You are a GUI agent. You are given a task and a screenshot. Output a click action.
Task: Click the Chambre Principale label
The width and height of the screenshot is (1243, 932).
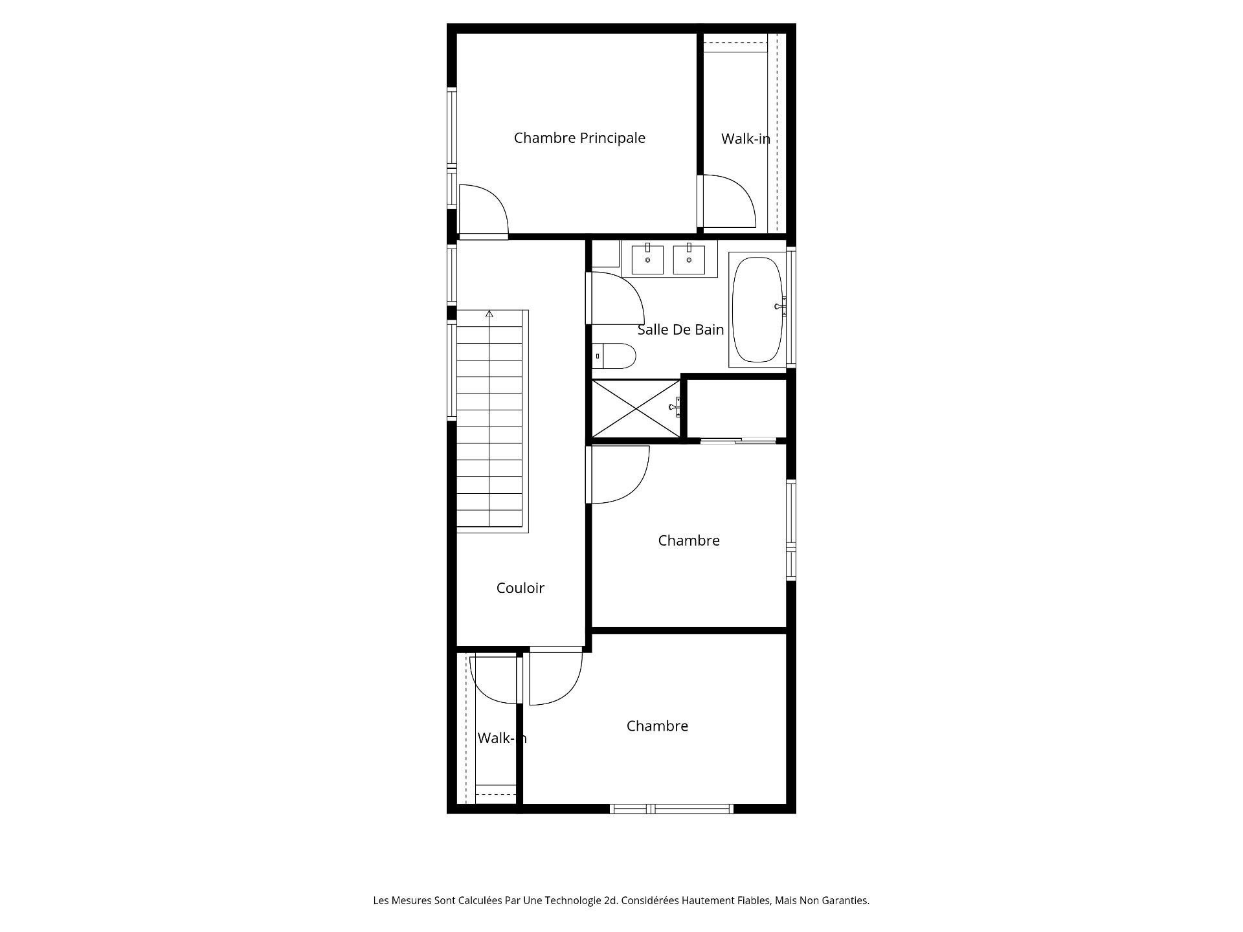[579, 138]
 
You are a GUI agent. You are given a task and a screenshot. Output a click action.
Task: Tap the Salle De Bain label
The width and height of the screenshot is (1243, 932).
[680, 329]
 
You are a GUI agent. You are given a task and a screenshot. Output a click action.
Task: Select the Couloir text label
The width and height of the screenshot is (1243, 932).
[521, 588]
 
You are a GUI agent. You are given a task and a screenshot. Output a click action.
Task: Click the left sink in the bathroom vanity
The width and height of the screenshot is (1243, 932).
[647, 259]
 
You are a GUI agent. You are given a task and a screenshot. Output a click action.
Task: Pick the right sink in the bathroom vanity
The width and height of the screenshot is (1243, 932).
[689, 259]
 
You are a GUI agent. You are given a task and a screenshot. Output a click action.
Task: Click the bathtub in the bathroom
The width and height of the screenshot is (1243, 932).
[757, 310]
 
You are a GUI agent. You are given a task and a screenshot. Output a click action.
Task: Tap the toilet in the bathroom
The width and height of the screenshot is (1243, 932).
[614, 356]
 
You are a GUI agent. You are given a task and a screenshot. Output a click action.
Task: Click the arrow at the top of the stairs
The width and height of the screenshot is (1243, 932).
[489, 315]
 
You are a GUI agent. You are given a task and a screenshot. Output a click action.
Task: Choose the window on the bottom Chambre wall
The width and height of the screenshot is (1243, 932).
[672, 808]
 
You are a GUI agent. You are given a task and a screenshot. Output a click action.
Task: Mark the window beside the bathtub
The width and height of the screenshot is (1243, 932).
[791, 308]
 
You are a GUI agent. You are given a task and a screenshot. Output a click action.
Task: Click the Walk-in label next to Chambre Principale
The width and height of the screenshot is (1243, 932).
[746, 139]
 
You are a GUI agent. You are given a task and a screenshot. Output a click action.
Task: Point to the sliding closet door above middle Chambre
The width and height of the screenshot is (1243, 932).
[738, 441]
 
